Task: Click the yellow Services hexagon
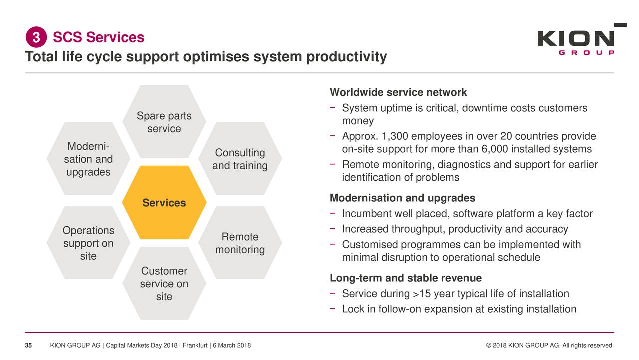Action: click(x=164, y=202)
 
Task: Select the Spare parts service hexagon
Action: click(x=164, y=122)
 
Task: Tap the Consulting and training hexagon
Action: click(x=240, y=159)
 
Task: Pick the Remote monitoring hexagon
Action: click(x=240, y=243)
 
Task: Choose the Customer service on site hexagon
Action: click(x=164, y=283)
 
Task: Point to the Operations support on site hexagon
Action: click(x=88, y=243)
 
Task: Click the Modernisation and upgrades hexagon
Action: click(x=88, y=159)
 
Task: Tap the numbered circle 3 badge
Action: click(x=36, y=37)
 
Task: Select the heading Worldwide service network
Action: click(x=398, y=92)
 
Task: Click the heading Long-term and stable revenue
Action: click(x=406, y=278)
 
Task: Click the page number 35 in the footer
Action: click(x=28, y=345)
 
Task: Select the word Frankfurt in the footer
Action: click(x=195, y=345)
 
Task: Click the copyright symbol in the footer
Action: click(x=488, y=345)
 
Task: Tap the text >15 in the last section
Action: click(x=422, y=293)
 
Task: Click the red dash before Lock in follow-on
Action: click(x=332, y=309)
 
